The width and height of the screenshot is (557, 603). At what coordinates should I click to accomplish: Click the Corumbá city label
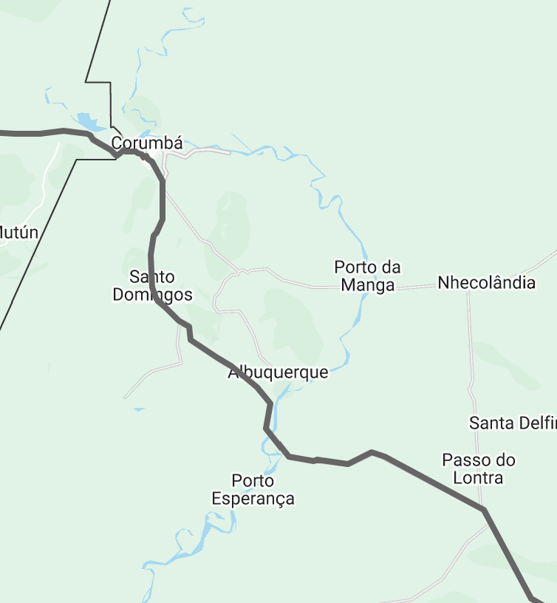(147, 143)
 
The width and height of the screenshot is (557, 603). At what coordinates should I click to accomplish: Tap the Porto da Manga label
(367, 276)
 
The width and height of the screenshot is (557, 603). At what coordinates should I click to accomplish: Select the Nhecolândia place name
(486, 282)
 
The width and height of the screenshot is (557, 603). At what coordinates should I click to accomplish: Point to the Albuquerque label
(278, 372)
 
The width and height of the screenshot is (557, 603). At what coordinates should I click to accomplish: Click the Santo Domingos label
(152, 286)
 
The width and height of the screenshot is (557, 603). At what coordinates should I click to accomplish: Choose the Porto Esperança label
(253, 489)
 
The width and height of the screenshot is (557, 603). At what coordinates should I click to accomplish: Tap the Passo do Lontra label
(478, 469)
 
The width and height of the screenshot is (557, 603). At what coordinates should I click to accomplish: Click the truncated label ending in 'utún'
(18, 233)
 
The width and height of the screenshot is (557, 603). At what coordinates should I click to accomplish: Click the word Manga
(367, 285)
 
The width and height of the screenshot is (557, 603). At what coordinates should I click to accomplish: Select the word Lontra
(478, 477)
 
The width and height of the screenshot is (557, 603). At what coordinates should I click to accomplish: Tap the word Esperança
(253, 499)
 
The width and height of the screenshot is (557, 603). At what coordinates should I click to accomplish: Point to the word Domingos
(152, 295)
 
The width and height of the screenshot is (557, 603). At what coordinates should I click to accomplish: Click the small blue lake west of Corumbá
(87, 120)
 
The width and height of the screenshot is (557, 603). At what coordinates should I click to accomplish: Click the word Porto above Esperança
(253, 480)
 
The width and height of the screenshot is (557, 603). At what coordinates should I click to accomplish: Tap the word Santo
(152, 277)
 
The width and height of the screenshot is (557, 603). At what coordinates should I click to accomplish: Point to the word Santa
(489, 423)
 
